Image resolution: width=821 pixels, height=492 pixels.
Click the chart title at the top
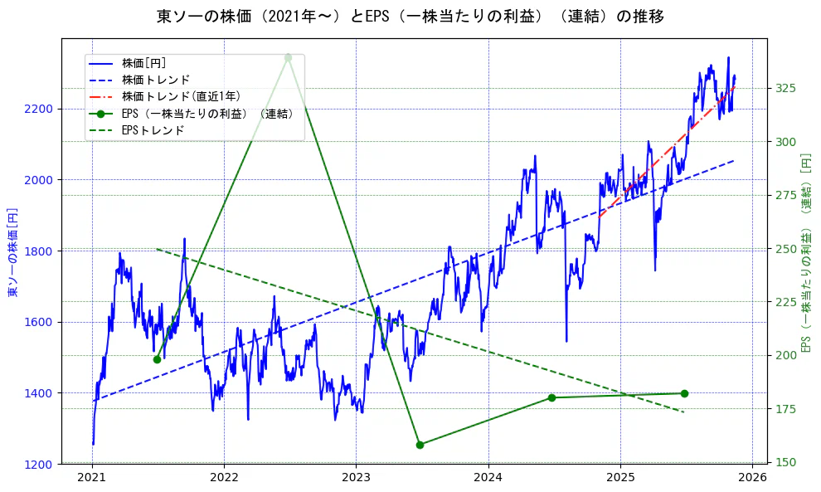point(410,16)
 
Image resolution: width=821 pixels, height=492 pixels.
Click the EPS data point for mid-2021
point(157,359)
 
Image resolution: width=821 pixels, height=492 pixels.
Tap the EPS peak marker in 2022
point(288,57)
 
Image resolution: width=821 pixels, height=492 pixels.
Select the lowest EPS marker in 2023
point(420,445)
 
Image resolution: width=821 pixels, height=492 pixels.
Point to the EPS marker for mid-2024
point(551,397)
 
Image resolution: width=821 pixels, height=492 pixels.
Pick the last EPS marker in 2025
point(684,393)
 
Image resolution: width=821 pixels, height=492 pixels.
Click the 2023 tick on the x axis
point(356,478)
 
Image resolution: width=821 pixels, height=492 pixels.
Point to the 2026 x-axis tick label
point(752,478)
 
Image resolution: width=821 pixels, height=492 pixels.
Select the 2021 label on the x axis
point(92,478)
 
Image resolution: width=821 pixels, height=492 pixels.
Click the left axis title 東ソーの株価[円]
point(12,251)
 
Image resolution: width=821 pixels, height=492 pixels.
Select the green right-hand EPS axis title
point(804,251)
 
